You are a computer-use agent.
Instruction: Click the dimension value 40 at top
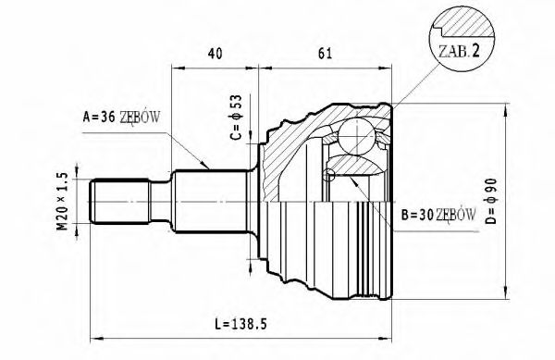tap(214, 55)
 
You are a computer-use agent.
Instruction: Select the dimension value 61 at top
tap(325, 55)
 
